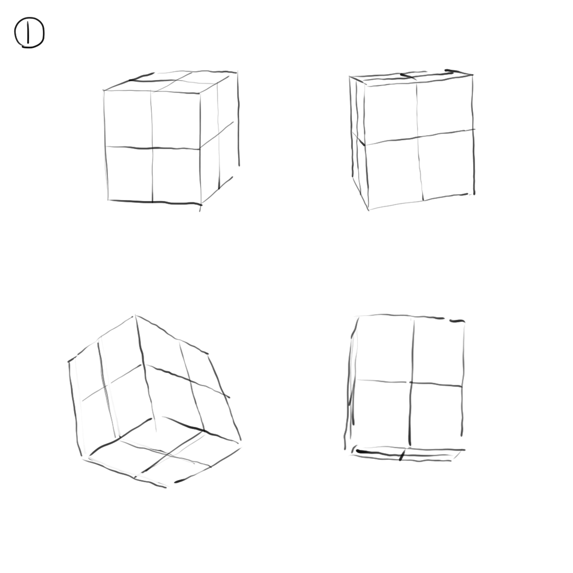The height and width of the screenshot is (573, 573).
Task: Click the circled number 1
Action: pos(30,32)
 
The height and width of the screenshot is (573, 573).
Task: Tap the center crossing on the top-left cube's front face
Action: pos(152,148)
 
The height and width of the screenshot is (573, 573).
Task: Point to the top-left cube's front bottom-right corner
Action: pos(201,204)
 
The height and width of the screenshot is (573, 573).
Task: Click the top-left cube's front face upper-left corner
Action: pos(104,90)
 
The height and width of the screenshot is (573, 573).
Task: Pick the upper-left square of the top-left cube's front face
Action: pos(128,118)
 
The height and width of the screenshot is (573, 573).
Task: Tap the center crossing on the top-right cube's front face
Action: pos(418,138)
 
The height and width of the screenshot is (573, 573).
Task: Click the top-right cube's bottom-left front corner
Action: pos(369,210)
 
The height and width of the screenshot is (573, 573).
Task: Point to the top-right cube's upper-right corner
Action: pos(472,75)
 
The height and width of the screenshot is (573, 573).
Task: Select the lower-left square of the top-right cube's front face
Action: pos(394,174)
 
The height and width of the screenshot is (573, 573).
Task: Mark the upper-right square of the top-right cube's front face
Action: pos(445,106)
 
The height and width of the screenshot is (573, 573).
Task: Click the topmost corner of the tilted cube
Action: pos(135,316)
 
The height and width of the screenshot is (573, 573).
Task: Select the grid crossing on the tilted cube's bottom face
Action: pos(167,456)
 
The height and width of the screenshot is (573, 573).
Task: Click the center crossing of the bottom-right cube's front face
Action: pos(411,382)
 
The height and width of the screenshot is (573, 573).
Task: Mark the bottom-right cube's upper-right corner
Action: pos(464,321)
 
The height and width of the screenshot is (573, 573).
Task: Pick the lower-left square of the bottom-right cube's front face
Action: pos(382,414)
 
